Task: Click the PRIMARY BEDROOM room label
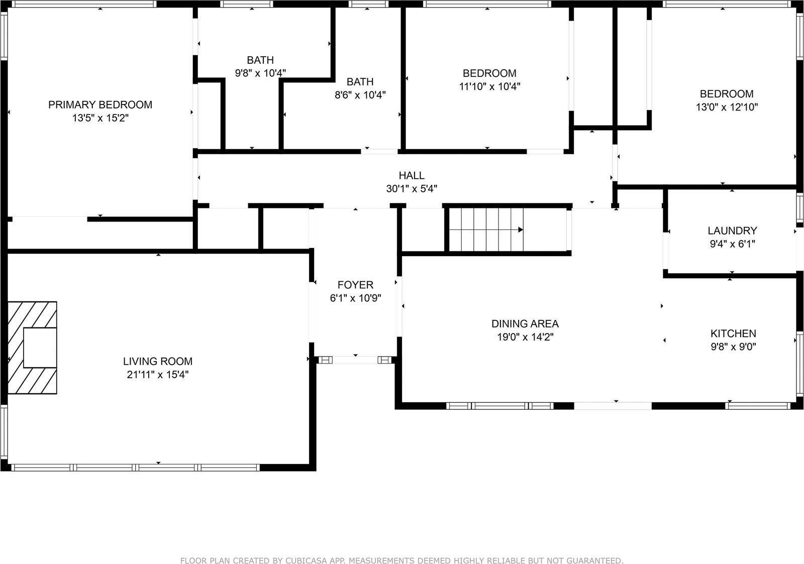pyautogui.click(x=100, y=105)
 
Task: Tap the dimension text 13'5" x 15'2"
pyautogui.click(x=100, y=119)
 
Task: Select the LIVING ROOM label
pyautogui.click(x=158, y=361)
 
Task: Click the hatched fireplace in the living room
pyautogui.click(x=32, y=348)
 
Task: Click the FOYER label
pyautogui.click(x=355, y=285)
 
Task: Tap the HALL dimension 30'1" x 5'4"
pyautogui.click(x=412, y=189)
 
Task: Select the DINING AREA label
pyautogui.click(x=525, y=324)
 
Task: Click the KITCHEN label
pyautogui.click(x=733, y=333)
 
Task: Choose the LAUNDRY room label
pyautogui.click(x=732, y=231)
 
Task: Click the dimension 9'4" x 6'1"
pyautogui.click(x=732, y=244)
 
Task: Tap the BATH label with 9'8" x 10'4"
pyautogui.click(x=260, y=60)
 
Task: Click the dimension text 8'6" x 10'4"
pyautogui.click(x=360, y=95)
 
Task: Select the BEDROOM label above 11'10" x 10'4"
pyautogui.click(x=489, y=73)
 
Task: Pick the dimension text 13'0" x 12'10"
pyautogui.click(x=727, y=107)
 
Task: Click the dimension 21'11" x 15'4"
pyautogui.click(x=158, y=375)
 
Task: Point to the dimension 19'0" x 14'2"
pyautogui.click(x=525, y=337)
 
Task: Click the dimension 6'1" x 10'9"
pyautogui.click(x=355, y=298)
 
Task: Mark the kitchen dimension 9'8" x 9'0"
pyautogui.click(x=733, y=347)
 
